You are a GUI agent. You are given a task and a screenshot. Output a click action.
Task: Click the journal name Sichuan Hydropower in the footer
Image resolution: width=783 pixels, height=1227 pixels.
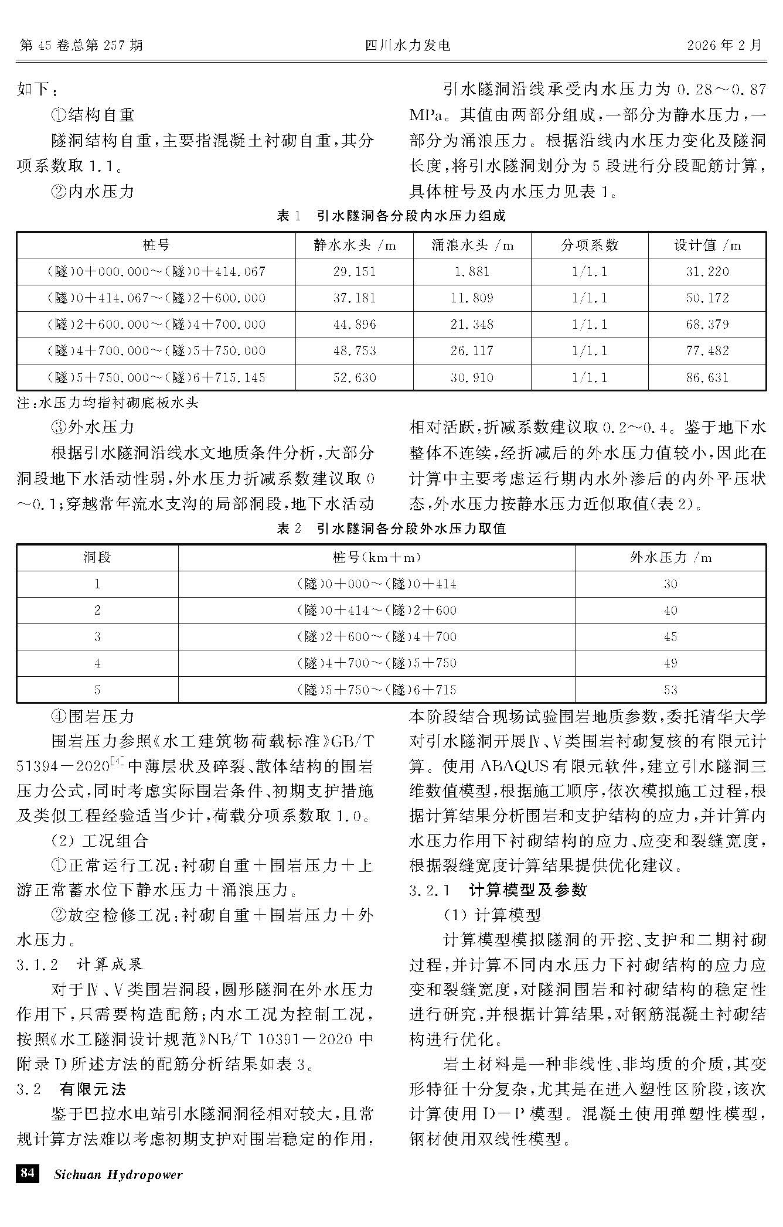coord(118,1174)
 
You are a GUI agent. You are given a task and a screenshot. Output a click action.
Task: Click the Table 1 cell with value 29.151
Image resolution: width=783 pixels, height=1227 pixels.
coord(354,272)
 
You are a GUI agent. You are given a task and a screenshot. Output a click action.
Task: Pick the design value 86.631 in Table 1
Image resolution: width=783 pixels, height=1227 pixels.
coord(707,378)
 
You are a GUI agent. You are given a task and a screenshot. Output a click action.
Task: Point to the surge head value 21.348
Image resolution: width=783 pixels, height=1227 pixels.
coord(472,325)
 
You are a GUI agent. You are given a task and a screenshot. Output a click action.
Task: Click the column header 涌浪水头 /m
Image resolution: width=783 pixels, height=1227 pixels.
coord(472,246)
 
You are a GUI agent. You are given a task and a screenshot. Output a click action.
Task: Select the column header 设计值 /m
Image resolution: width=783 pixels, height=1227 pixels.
coord(707,246)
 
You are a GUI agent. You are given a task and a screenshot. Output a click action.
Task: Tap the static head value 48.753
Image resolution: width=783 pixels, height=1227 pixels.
coord(354,351)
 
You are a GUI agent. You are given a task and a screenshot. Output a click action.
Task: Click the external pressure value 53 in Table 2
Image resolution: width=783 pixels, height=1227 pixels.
coord(670,690)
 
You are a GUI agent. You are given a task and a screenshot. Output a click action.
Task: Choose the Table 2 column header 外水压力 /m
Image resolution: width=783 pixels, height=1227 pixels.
coord(670,557)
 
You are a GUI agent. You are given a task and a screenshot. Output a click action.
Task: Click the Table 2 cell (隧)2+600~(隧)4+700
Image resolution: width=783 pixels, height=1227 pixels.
coord(376,637)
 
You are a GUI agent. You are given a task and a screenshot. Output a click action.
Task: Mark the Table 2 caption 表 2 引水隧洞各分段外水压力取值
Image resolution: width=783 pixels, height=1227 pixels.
coord(391,529)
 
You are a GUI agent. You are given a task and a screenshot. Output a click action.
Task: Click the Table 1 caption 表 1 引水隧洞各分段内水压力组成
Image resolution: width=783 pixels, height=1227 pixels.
coord(391,216)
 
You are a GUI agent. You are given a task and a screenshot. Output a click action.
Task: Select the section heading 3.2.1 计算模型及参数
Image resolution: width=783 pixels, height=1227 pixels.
coord(498,890)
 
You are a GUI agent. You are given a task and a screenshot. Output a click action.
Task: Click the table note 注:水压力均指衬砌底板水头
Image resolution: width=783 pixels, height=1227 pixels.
coord(108,404)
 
